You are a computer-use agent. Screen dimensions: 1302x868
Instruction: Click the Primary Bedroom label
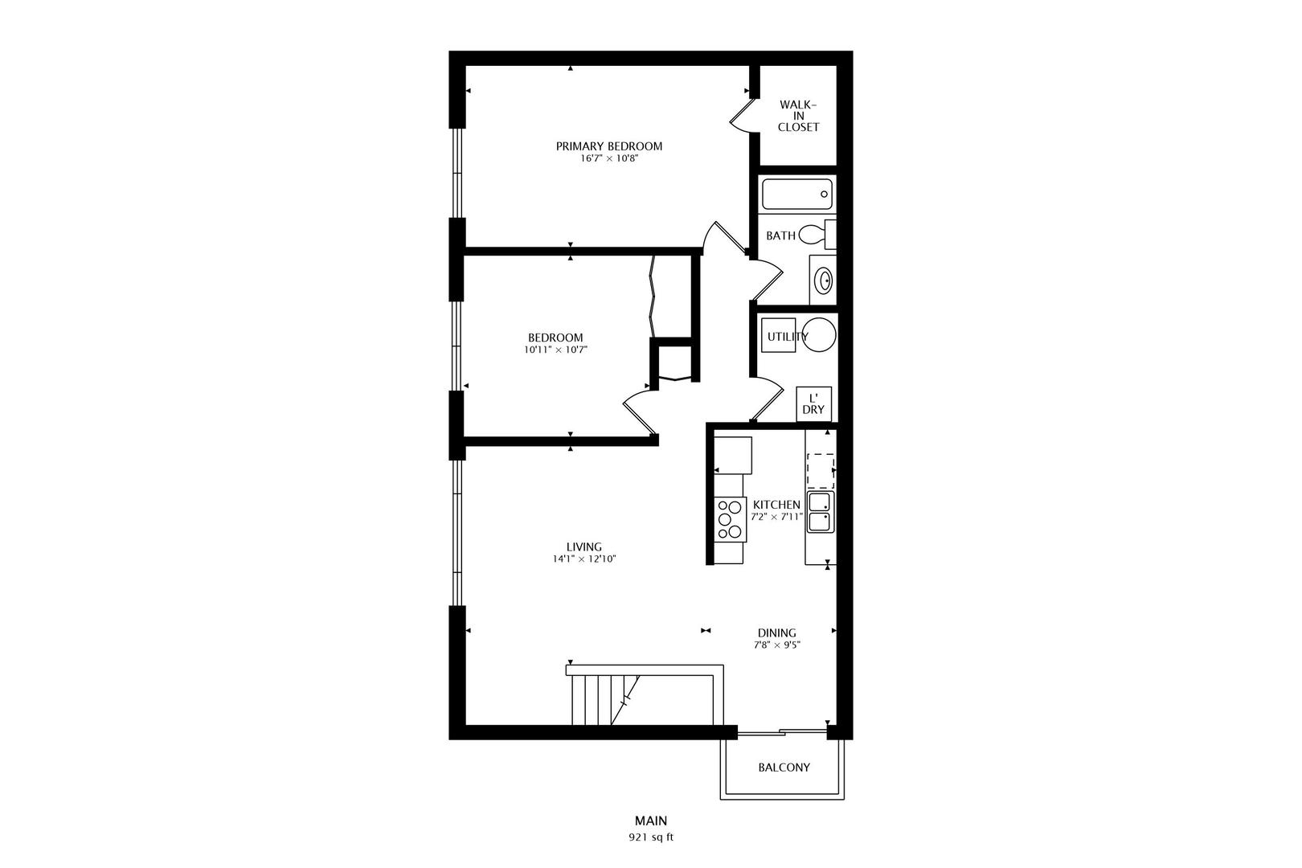pyautogui.click(x=608, y=146)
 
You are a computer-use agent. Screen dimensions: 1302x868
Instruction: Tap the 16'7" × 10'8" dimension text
pyautogui.click(x=609, y=158)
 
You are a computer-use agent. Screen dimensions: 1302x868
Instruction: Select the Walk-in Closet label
pyautogui.click(x=798, y=116)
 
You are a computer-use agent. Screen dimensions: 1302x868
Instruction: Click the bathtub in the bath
pyautogui.click(x=797, y=194)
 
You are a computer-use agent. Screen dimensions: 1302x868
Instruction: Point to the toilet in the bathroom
pyautogui.click(x=817, y=235)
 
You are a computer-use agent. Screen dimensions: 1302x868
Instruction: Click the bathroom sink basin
pyautogui.click(x=825, y=280)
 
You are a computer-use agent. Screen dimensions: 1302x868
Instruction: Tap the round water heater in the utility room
pyautogui.click(x=820, y=335)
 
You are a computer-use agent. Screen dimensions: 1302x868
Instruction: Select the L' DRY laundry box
pyautogui.click(x=813, y=404)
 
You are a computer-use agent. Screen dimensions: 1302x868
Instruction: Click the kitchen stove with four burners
pyautogui.click(x=730, y=520)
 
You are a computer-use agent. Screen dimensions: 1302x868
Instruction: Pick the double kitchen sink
pyautogui.click(x=820, y=512)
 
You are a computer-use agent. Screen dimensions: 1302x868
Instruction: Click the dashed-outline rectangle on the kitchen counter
pyautogui.click(x=821, y=472)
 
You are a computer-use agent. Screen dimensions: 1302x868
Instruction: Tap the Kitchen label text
pyautogui.click(x=776, y=505)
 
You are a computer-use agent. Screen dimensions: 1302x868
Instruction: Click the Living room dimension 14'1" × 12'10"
pyautogui.click(x=584, y=559)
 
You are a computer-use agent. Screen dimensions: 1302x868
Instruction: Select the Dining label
pyautogui.click(x=776, y=633)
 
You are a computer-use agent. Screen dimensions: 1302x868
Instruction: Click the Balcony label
pyautogui.click(x=784, y=768)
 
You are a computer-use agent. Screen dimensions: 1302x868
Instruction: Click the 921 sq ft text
pyautogui.click(x=651, y=837)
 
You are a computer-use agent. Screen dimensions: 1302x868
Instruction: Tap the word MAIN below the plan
pyautogui.click(x=651, y=821)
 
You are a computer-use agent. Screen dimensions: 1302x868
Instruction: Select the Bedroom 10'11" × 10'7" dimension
pyautogui.click(x=555, y=350)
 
